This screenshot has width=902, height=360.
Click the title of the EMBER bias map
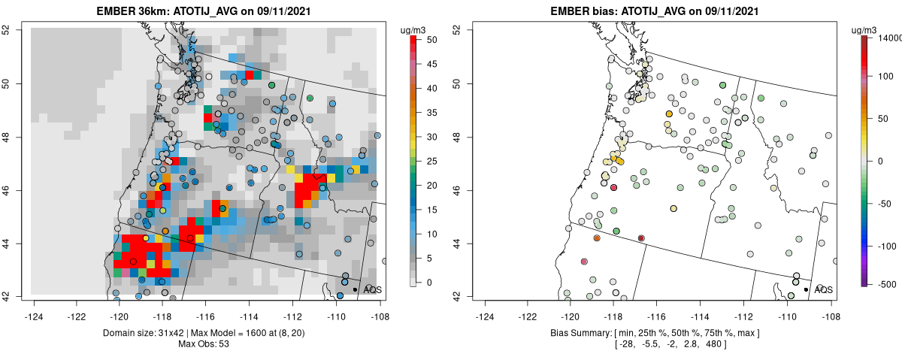648,11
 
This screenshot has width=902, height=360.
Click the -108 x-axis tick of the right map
830,307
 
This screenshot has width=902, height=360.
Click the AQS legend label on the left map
372,289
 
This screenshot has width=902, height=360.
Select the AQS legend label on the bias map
823,289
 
